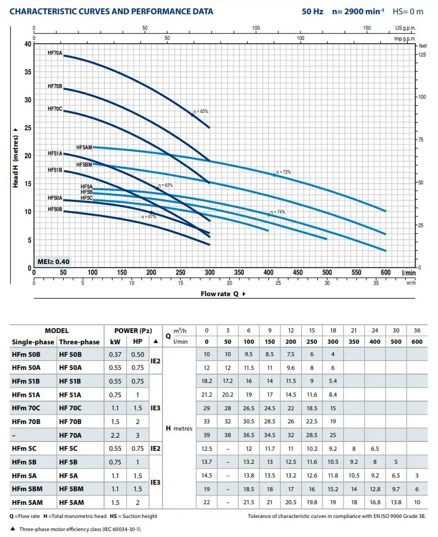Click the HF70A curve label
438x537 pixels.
click(55, 53)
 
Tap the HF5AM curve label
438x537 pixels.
click(84, 147)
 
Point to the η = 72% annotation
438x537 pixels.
click(283, 172)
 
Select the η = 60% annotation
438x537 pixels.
click(201, 111)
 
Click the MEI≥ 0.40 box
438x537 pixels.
click(53, 262)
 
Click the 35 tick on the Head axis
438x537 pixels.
click(27, 72)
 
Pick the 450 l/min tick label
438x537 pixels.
click(268, 272)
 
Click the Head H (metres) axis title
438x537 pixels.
click(16, 155)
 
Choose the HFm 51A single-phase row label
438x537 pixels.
click(26, 394)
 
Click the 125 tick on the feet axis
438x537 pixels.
click(422, 55)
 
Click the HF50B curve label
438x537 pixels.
click(55, 209)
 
